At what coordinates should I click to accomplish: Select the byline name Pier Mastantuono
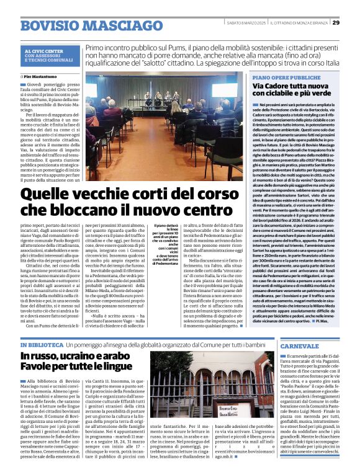[x=43, y=76]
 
